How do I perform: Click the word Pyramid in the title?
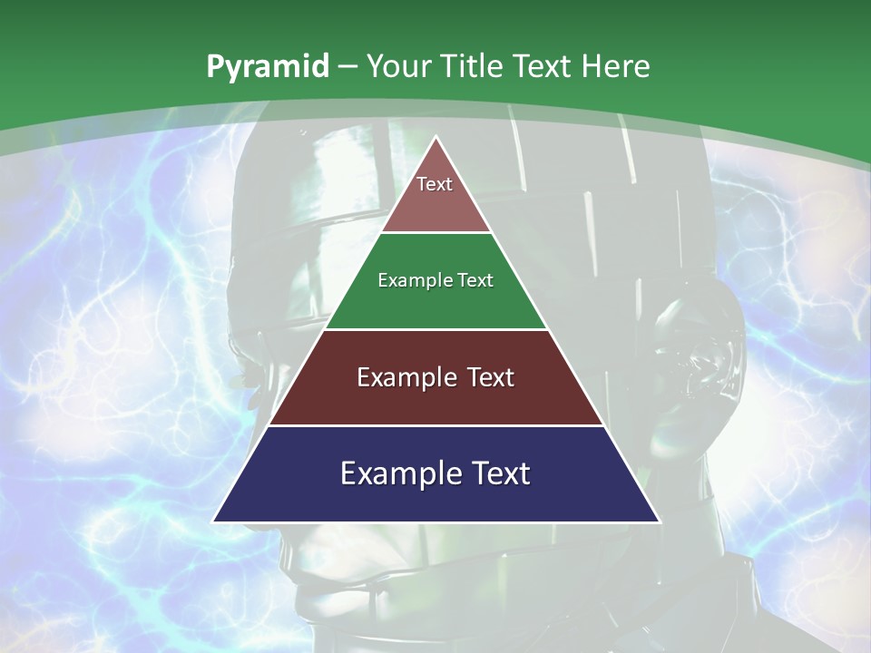(x=267, y=67)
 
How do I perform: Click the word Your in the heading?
(x=400, y=66)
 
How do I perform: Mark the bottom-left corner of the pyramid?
(x=214, y=521)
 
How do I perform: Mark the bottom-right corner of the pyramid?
(x=659, y=521)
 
